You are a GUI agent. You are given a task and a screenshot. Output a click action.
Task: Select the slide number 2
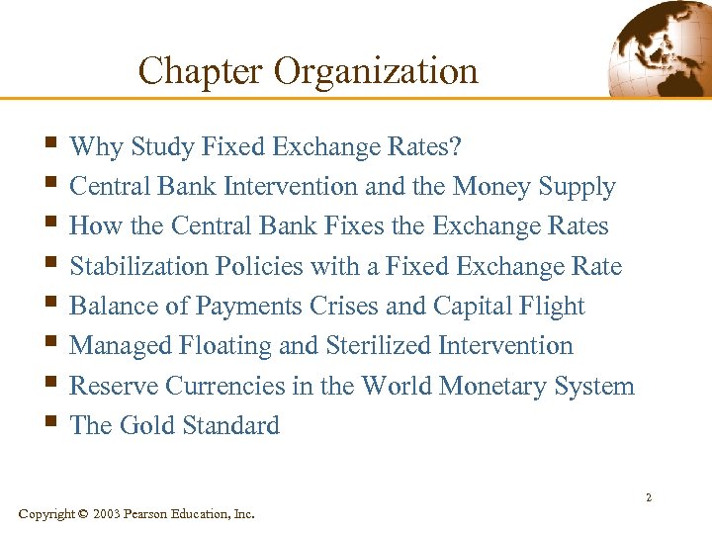pyautogui.click(x=649, y=497)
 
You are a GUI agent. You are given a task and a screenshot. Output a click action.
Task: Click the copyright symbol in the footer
pyautogui.click(x=82, y=513)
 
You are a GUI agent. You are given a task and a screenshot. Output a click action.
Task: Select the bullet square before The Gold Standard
pyautogui.click(x=52, y=424)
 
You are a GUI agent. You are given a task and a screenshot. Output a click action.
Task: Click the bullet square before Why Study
pyautogui.click(x=52, y=145)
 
